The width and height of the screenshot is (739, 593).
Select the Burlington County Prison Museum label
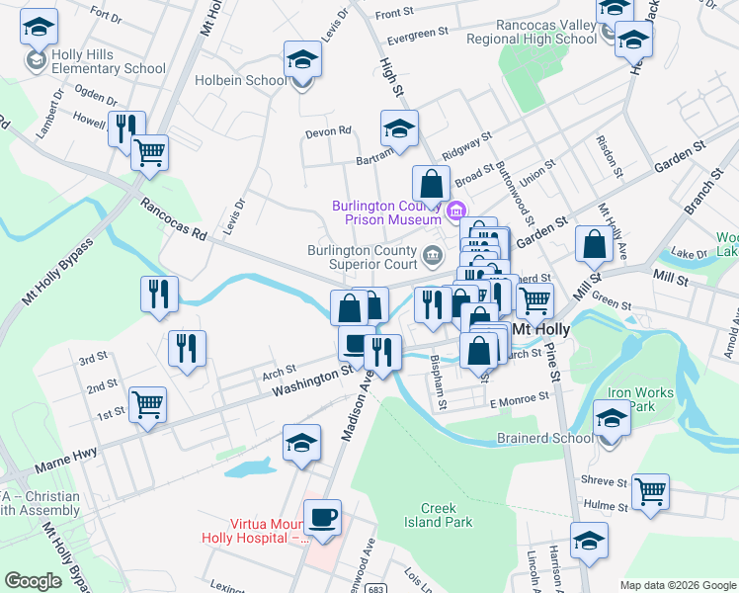pyautogui.click(x=385, y=212)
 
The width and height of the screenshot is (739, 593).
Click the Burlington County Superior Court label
pyautogui.click(x=362, y=257)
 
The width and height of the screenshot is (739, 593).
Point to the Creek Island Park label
pyautogui.click(x=440, y=515)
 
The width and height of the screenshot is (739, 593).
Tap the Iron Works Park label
pyautogui.click(x=639, y=399)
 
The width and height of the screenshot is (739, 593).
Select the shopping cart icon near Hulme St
pyautogui.click(x=650, y=491)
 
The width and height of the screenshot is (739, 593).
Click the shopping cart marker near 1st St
pyautogui.click(x=147, y=404)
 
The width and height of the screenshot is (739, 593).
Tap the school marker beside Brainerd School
pyautogui.click(x=612, y=419)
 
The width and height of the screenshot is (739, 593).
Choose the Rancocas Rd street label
pyautogui.click(x=173, y=220)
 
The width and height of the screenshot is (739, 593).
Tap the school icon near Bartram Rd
pyautogui.click(x=399, y=129)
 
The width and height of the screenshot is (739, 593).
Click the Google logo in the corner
pyautogui.click(x=33, y=581)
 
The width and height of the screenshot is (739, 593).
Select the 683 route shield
pyautogui.click(x=351, y=587)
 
